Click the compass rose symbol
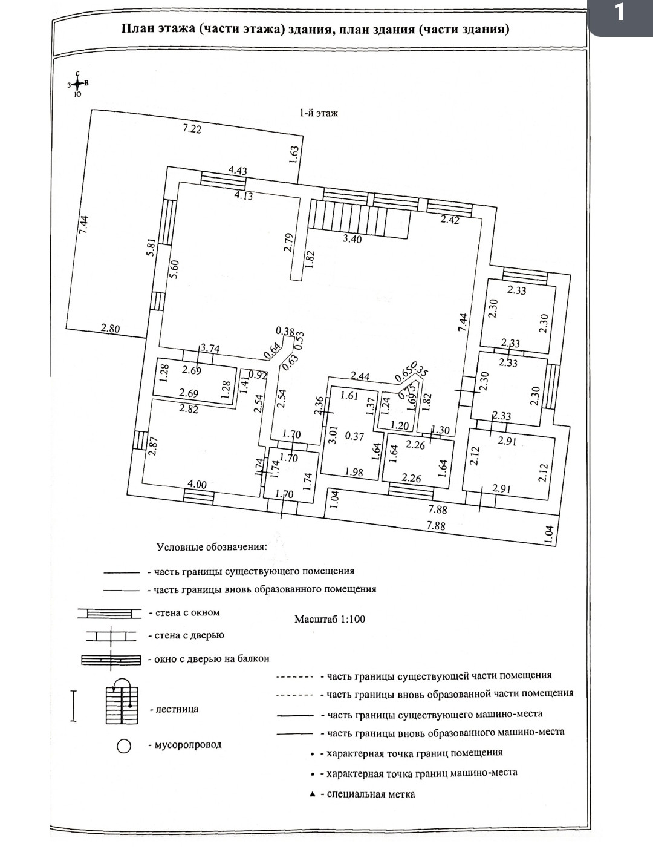click(x=77, y=85)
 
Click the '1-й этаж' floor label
click(x=319, y=113)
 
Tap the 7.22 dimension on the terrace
click(x=192, y=128)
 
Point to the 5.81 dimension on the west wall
click(x=152, y=247)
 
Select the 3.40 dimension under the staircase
click(x=352, y=239)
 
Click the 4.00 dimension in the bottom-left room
click(x=197, y=485)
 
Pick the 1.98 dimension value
click(x=353, y=472)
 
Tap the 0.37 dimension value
click(x=354, y=436)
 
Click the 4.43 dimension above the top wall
click(x=238, y=171)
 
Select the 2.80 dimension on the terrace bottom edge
click(x=110, y=329)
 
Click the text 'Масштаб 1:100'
click(x=330, y=619)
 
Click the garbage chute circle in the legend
click(x=124, y=746)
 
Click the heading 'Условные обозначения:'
click(x=212, y=547)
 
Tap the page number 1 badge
click(x=619, y=13)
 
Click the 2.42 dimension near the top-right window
click(x=450, y=220)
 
